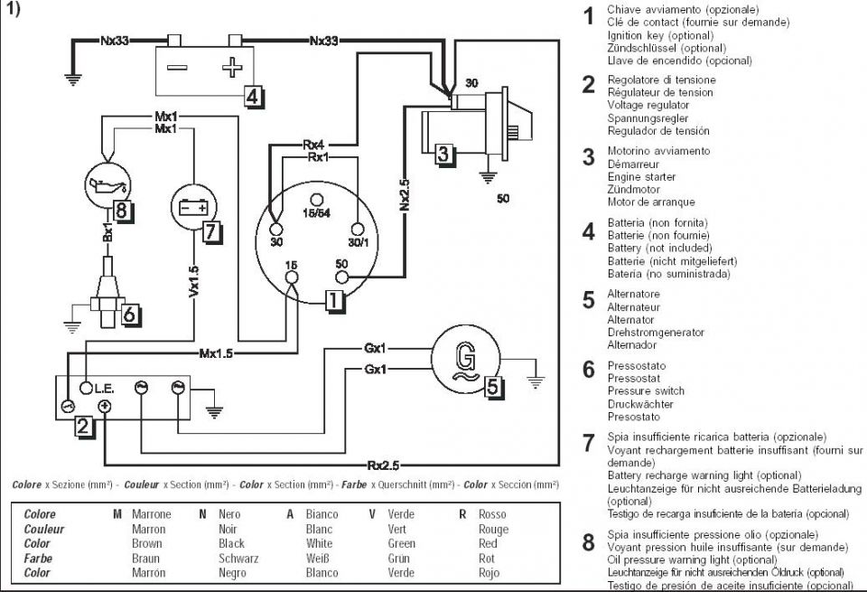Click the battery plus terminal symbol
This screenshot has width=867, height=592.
coord(232,68)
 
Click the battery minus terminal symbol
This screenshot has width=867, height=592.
coord(176,68)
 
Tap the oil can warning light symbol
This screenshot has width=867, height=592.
coord(107,185)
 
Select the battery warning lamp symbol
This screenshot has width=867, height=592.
coord(193,208)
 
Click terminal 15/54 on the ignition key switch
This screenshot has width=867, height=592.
coord(316,199)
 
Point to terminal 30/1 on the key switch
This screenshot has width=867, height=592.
coord(358,229)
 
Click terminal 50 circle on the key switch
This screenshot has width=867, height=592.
coord(342,277)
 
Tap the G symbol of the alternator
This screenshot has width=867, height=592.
coord(466,361)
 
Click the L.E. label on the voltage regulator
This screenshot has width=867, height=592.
coord(104,389)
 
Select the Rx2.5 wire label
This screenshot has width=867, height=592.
coord(383,465)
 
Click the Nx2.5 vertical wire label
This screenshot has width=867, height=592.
coord(405,194)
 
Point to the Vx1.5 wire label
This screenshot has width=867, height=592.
coord(193,281)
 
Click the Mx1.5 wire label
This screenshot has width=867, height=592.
coord(216,353)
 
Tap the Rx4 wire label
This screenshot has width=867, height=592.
coord(313,145)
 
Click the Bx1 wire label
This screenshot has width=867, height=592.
coord(107,232)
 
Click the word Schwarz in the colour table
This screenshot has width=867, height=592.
coord(238,559)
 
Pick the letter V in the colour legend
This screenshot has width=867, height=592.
coord(372,514)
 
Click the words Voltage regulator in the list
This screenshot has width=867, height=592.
coord(648,105)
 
